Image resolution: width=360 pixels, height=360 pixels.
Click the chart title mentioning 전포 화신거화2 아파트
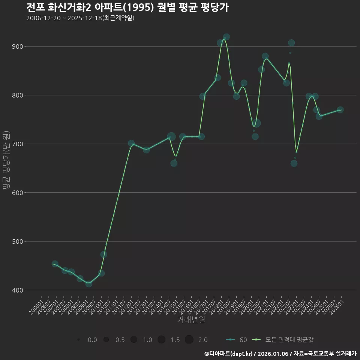127,7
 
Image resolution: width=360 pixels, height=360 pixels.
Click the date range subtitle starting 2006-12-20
80,18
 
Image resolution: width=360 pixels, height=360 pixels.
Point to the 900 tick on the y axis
16,46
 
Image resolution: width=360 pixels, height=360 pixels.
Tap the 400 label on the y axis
16,290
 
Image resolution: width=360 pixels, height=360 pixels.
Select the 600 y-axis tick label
16,193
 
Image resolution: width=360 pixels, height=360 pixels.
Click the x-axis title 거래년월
191,320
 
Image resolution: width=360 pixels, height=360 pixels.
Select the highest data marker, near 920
226,37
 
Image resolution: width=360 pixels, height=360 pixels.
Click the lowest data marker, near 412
88,284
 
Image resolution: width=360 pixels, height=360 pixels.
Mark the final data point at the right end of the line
340,110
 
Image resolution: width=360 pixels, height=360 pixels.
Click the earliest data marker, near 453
55,264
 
